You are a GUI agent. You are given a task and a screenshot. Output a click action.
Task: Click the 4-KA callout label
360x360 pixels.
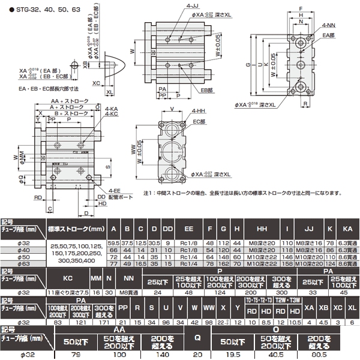tap(111, 109)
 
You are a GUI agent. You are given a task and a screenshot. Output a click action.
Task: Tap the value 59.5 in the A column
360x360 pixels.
tap(112, 242)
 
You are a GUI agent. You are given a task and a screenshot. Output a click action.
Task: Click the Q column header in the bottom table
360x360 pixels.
tap(197, 337)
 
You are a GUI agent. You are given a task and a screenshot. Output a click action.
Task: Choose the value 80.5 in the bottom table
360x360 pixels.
tap(326, 355)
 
